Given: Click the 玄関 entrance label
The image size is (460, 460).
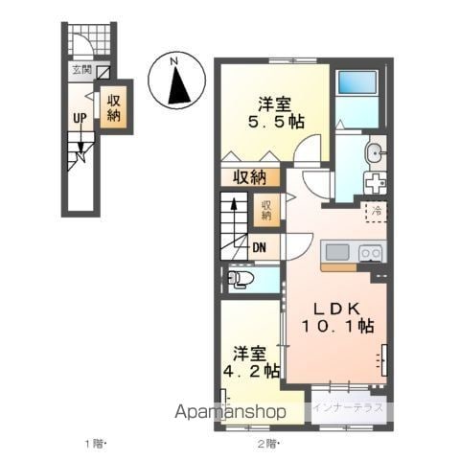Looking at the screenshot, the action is [82, 70].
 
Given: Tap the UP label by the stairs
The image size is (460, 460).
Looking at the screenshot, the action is [80, 118].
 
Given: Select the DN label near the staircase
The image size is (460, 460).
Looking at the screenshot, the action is [260, 247].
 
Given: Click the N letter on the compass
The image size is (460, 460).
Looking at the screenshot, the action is [173, 61].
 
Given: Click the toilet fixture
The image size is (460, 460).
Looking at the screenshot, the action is [241, 279].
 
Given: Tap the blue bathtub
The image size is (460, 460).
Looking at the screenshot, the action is [357, 82].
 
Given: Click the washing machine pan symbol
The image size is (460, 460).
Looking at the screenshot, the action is [375, 183].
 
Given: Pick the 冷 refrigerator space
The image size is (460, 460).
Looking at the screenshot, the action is [377, 211].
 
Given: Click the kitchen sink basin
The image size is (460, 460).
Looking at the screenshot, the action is [337, 252].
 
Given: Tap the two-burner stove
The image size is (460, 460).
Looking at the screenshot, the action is [371, 253].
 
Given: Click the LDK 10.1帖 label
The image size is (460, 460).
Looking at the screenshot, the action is [337, 317].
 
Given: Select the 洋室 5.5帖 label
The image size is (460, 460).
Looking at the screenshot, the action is [276, 113].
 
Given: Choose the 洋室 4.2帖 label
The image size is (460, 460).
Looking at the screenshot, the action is [251, 362].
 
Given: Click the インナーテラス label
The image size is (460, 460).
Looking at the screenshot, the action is [348, 407].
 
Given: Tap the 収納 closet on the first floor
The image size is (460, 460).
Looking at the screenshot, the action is [113, 108].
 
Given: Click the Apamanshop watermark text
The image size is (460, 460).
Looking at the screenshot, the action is [230, 411].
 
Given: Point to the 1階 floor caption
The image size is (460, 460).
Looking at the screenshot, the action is [95, 444].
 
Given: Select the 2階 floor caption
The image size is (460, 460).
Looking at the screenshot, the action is [268, 444].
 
